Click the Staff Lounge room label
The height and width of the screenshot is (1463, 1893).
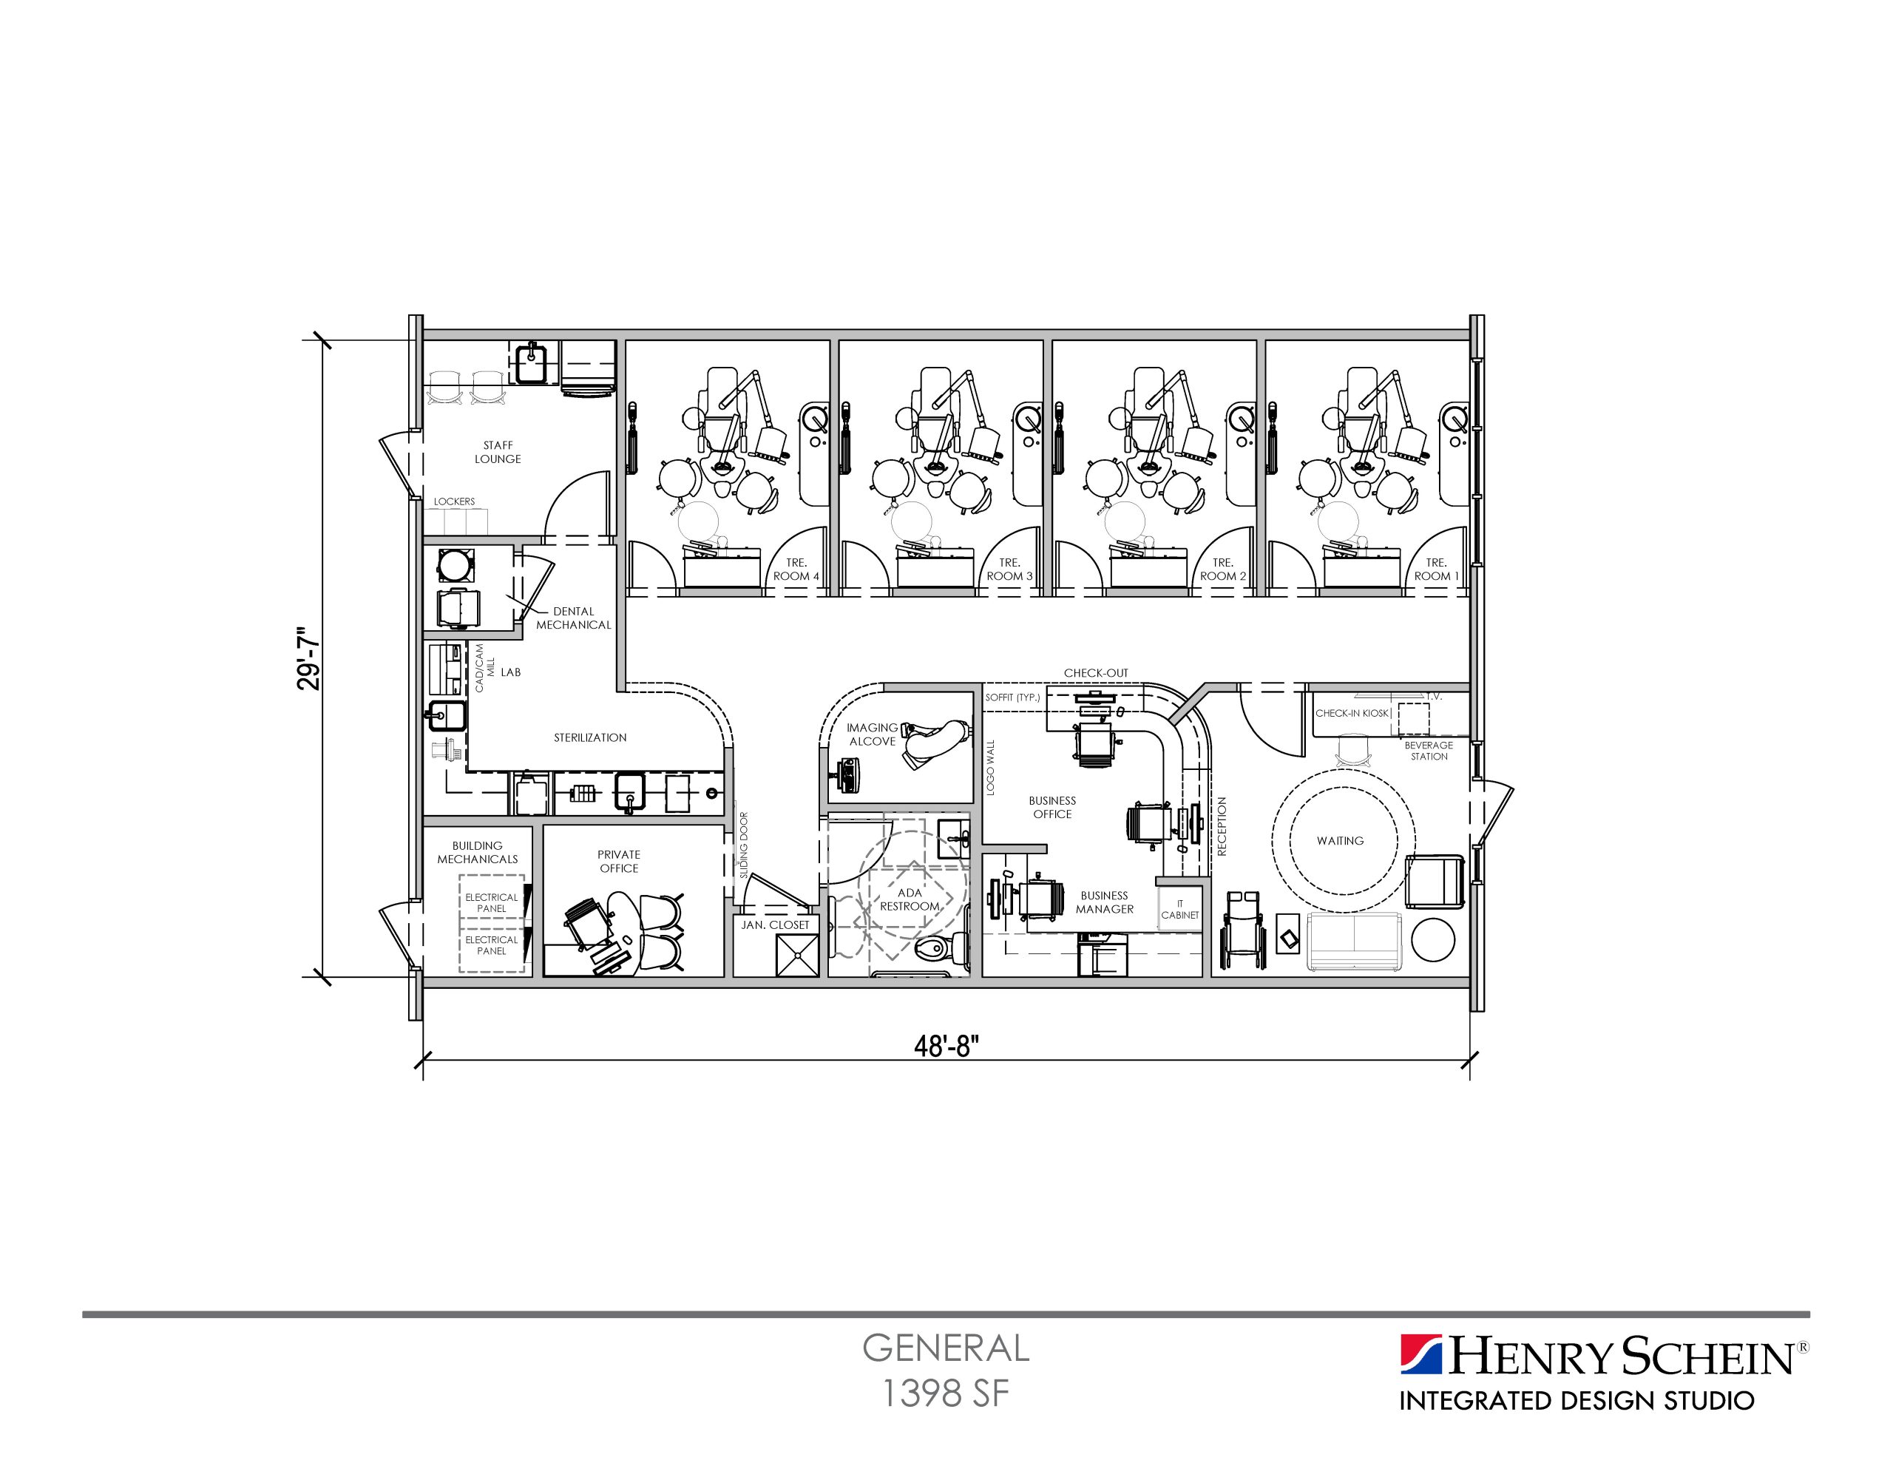(x=498, y=452)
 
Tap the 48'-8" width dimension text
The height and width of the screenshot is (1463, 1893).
(x=946, y=1047)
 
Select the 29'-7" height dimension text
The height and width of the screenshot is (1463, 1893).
(x=308, y=658)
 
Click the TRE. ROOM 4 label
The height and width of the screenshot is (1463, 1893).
(x=796, y=569)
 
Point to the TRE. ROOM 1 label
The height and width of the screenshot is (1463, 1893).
(x=1436, y=569)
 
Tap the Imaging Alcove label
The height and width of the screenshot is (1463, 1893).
(x=872, y=734)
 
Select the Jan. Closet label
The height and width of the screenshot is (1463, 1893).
(x=775, y=925)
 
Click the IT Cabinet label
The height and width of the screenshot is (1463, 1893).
(x=1179, y=909)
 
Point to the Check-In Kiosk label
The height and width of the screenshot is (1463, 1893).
(x=1352, y=713)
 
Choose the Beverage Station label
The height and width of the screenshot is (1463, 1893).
(x=1429, y=750)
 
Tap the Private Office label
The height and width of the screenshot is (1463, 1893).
(x=619, y=861)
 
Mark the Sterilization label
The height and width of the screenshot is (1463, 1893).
(x=590, y=737)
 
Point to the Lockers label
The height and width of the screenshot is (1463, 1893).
(x=454, y=501)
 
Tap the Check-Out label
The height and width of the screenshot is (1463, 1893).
(x=1096, y=672)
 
